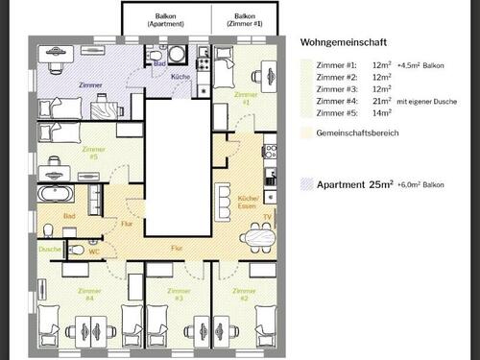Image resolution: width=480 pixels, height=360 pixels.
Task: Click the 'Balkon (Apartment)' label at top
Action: coord(166,21)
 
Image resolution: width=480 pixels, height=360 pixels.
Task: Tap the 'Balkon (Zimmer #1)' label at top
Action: coord(245,21)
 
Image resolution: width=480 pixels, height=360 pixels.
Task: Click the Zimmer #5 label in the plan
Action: coord(93,153)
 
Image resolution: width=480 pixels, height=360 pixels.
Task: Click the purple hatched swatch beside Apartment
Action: coord(308,182)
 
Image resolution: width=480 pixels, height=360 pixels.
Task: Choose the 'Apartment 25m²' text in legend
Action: coord(357,182)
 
